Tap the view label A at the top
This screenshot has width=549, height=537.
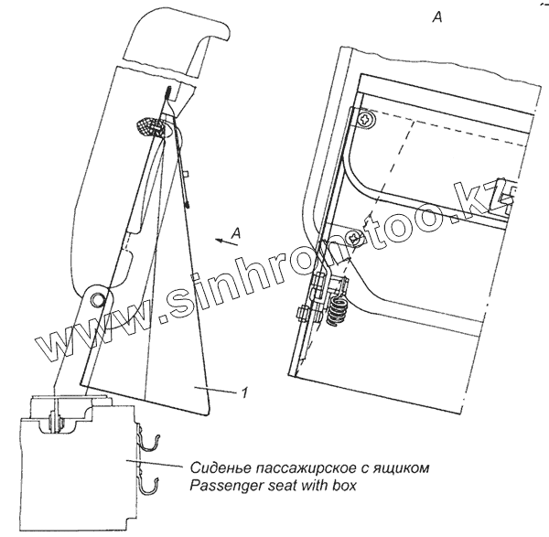pyautogui.click(x=438, y=16)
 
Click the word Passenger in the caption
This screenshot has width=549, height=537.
pyautogui.click(x=221, y=486)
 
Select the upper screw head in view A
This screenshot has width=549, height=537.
pyautogui.click(x=364, y=119)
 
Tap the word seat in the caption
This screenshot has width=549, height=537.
pyautogui.click(x=278, y=486)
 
